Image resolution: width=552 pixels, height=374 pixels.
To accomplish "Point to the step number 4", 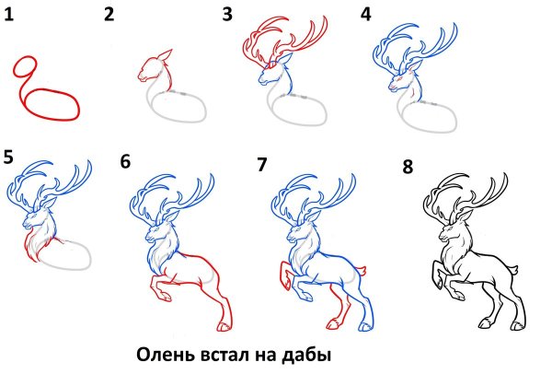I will point(366,15).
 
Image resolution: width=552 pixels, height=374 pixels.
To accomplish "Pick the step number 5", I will point(9,156).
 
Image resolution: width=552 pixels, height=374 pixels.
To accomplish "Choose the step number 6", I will point(125,162).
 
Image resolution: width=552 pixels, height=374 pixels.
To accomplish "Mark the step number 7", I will point(262,164).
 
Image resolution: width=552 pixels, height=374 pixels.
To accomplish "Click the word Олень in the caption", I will point(167,353).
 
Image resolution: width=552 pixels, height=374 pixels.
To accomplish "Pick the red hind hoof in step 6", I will point(225,326).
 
